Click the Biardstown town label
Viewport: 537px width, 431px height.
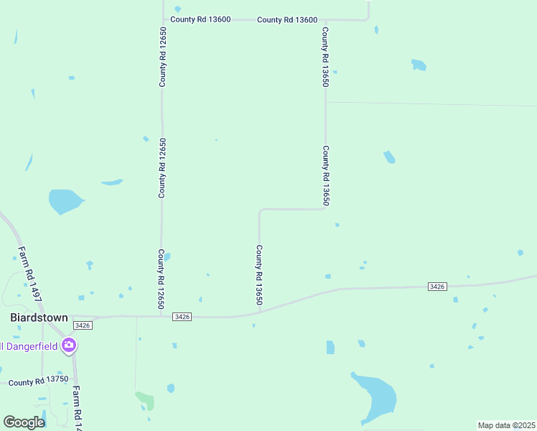[39, 317]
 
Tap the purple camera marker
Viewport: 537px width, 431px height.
[69, 346]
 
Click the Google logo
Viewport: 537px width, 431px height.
[24, 423]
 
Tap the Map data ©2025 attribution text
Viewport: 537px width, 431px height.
[505, 425]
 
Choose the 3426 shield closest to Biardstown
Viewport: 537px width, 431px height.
[83, 325]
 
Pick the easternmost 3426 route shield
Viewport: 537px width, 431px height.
[437, 287]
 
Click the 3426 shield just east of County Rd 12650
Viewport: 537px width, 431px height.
[182, 317]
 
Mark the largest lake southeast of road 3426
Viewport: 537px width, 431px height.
[377, 397]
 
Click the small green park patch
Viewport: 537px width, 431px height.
[144, 398]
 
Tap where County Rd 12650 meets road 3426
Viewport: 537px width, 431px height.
[160, 316]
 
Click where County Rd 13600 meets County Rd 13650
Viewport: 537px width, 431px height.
[325, 20]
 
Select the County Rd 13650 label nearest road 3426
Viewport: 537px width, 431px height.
[258, 274]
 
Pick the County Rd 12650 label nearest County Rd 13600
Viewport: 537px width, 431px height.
[163, 57]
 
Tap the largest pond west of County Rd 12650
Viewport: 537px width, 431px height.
[65, 201]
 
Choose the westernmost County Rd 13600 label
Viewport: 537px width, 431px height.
[200, 19]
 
